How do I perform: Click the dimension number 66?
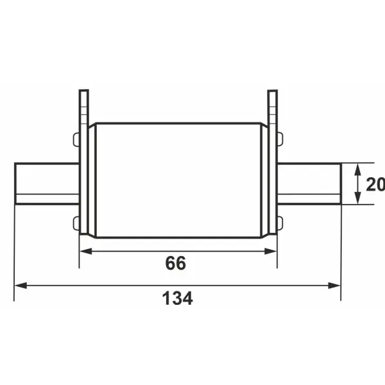tap(176, 263)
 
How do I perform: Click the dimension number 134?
tap(178, 298)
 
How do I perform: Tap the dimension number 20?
tap(375, 184)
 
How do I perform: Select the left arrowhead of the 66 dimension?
tap(86, 251)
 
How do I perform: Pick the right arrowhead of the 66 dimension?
tap(270, 251)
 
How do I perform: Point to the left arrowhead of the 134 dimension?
tap(21, 286)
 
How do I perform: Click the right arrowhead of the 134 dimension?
tap(334, 286)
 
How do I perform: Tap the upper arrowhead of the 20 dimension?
tap(358, 169)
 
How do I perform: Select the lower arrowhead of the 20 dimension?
tap(358, 198)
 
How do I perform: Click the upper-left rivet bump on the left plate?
tap(76, 139)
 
